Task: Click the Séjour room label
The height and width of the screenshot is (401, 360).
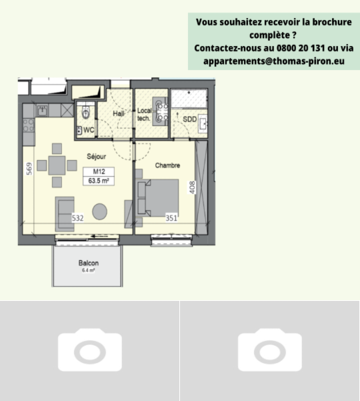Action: (96, 157)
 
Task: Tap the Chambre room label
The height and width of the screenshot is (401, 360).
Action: (167, 165)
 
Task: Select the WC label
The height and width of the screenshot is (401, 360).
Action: (89, 130)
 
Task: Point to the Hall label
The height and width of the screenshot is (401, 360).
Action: (119, 113)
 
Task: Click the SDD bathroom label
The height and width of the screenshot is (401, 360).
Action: (190, 119)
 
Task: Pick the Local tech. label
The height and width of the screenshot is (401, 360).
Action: (145, 114)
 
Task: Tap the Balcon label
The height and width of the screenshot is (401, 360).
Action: (89, 263)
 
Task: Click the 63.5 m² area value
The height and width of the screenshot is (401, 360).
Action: (99, 181)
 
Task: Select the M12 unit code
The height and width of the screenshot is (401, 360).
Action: (99, 171)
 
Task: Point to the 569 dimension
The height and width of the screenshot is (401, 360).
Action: (29, 169)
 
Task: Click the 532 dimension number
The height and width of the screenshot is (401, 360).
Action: (78, 218)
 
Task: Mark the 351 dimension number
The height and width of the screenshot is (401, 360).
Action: (171, 218)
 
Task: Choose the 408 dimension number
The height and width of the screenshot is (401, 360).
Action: (192, 187)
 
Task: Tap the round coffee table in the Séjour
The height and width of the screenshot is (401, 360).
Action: (99, 212)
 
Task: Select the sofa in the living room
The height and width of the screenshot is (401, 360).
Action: (65, 214)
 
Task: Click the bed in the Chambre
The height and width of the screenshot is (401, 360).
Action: (157, 198)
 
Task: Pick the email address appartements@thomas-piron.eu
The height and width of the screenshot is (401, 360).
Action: (274, 61)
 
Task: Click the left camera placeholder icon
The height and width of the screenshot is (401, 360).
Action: (90, 350)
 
